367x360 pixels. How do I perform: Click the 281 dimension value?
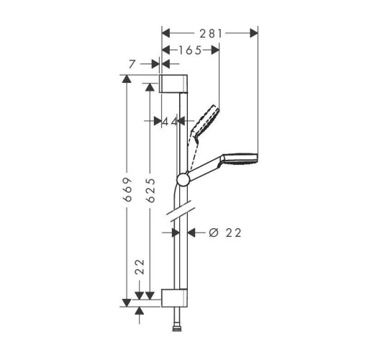coord(209,32)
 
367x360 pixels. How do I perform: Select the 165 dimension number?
coord(189,50)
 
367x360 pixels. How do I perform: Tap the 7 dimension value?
coord(131,64)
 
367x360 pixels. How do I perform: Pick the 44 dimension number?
coord(170,122)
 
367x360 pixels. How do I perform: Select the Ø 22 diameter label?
coord(224,233)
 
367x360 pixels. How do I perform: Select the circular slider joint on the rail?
coord(183,180)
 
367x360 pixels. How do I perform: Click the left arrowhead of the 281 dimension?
coord(165,32)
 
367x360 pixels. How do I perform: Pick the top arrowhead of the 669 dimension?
coord(127,80)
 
